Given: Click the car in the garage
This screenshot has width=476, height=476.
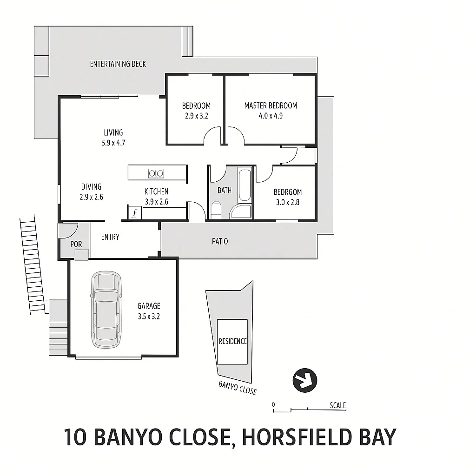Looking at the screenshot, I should [106, 310].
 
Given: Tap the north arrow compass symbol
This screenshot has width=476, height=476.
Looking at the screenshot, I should [304, 380].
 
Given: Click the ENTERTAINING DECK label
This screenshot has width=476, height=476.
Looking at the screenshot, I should [118, 64].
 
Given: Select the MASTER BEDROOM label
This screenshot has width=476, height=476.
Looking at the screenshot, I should [271, 106].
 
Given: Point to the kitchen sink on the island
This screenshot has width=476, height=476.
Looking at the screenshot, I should [156, 173].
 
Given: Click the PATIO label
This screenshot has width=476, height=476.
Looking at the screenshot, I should [220, 242].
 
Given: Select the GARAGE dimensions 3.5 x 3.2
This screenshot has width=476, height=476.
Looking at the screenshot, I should [149, 316].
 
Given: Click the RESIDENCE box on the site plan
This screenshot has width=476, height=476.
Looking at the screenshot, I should [233, 342].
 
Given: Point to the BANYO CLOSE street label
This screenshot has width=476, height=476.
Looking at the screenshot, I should [238, 387].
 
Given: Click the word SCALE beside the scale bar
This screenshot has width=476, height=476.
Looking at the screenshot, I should [338, 405].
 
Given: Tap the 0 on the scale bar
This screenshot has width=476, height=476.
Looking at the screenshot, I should [274, 404].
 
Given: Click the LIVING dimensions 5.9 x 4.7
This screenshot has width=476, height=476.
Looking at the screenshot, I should [113, 143].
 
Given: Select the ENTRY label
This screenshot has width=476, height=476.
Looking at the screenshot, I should [110, 237].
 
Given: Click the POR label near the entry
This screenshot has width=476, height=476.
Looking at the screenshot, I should [76, 244].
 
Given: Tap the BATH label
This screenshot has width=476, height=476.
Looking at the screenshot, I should [225, 190].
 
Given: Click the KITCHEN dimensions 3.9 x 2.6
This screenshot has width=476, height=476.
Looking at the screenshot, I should [157, 202].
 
